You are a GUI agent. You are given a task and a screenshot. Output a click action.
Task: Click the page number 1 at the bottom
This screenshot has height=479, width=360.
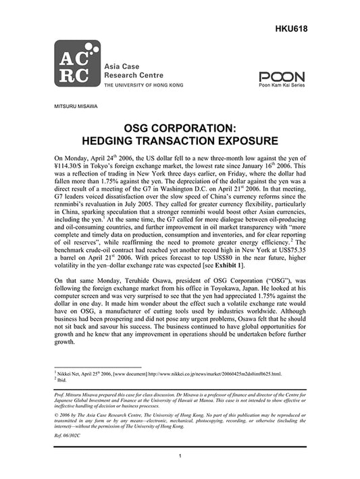pyautogui.click(x=180, y=457)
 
